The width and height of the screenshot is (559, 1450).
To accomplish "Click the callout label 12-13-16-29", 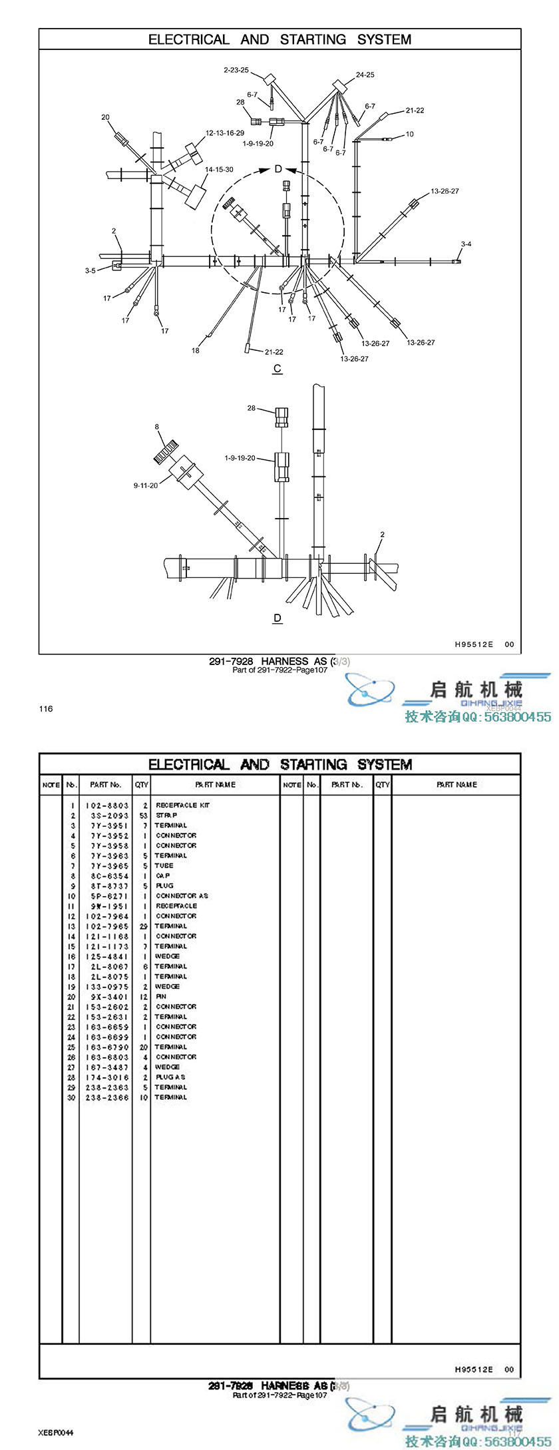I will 224,133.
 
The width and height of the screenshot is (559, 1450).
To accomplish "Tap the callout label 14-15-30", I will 219,170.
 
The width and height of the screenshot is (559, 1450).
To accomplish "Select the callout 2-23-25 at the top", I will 236,70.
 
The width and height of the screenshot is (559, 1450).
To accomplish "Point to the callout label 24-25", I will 365,75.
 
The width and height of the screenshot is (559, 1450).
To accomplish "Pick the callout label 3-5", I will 90,271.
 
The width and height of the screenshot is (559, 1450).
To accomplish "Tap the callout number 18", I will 196,351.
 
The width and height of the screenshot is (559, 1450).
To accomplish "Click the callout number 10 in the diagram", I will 409,134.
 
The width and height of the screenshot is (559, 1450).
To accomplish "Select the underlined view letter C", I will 278,368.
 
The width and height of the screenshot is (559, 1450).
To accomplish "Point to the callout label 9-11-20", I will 145,485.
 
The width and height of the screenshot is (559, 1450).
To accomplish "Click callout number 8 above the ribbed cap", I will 157,427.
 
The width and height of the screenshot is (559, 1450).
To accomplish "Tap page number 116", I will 45,708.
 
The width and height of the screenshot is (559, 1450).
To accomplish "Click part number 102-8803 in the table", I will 106,805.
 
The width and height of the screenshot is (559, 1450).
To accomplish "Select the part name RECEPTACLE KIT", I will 182,805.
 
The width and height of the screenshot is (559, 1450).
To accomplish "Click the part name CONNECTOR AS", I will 182,895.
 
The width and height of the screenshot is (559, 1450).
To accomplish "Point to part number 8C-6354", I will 106,875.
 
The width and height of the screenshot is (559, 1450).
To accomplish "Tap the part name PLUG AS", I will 170,1077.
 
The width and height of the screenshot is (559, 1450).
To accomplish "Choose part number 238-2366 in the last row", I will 106,1097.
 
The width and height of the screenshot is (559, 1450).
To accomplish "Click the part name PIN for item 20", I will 161,997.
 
